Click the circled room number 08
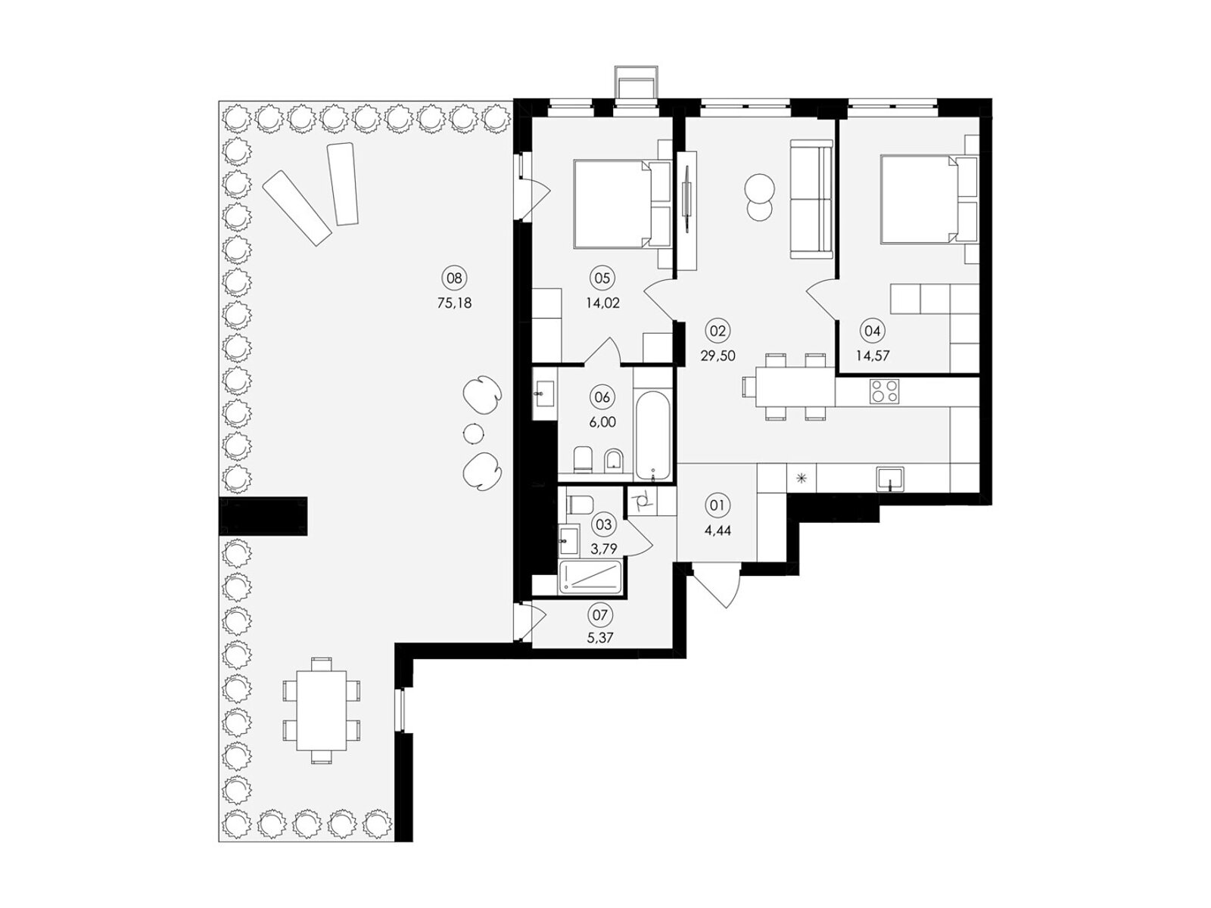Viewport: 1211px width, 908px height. click(454, 278)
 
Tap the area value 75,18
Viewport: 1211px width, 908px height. click(454, 303)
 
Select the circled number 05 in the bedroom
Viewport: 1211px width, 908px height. click(602, 278)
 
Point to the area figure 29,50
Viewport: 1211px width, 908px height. click(718, 356)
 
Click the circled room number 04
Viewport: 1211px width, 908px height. click(872, 331)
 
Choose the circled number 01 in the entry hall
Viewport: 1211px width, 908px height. click(718, 505)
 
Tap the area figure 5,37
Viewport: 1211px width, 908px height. click(599, 639)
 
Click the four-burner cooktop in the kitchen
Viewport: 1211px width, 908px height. click(884, 391)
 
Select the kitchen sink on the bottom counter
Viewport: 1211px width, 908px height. click(889, 479)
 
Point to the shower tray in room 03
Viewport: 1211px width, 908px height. click(590, 577)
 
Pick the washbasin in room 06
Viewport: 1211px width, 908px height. click(544, 393)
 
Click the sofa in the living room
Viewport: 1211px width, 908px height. click(811, 199)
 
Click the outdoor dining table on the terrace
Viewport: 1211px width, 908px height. click(321, 711)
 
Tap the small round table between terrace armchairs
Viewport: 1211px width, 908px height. click(472, 433)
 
